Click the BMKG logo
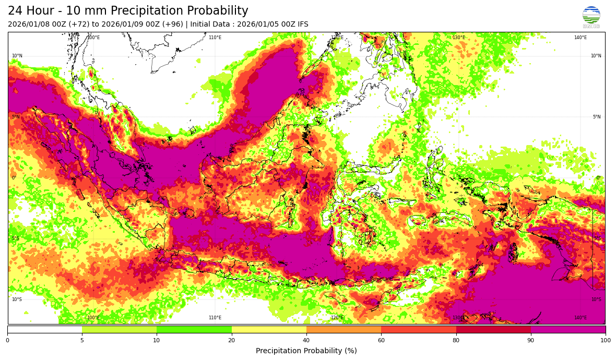pyautogui.click(x=591, y=17)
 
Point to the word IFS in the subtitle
pyautogui.click(x=301, y=25)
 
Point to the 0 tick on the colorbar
pyautogui.click(x=7, y=341)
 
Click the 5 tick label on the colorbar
pyautogui.click(x=82, y=341)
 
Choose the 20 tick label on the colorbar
pyautogui.click(x=231, y=341)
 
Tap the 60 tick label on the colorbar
pyautogui.click(x=381, y=341)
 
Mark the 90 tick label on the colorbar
pyautogui.click(x=531, y=341)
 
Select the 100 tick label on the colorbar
pyautogui.click(x=605, y=341)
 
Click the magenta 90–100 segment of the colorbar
pyautogui.click(x=568, y=329)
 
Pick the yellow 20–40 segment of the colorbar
pyautogui.click(x=269, y=329)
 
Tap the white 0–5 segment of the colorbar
pyautogui.click(x=45, y=329)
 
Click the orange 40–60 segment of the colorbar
pyautogui.click(x=343, y=329)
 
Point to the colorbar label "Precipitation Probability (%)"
pyautogui.click(x=306, y=351)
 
